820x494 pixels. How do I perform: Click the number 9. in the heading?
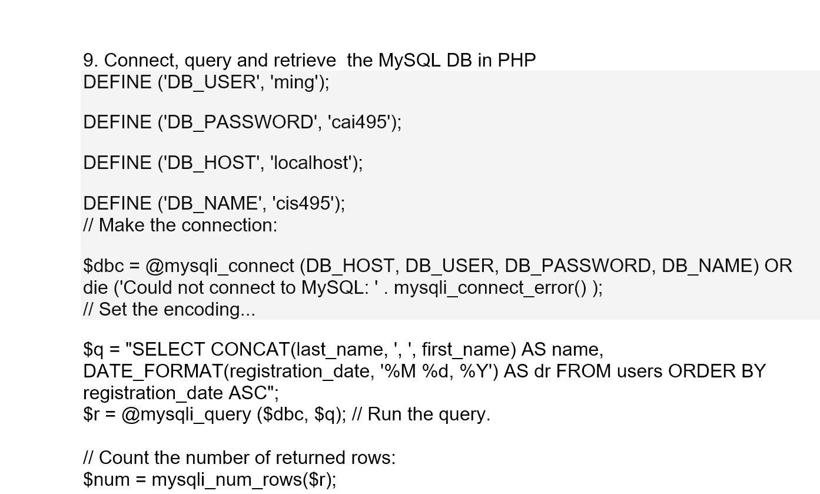tap(91, 61)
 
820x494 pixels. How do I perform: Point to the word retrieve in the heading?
tap(304, 61)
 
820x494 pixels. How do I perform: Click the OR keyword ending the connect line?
tap(778, 266)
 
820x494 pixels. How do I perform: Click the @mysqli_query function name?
tap(186, 415)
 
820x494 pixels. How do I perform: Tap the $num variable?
tap(106, 480)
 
